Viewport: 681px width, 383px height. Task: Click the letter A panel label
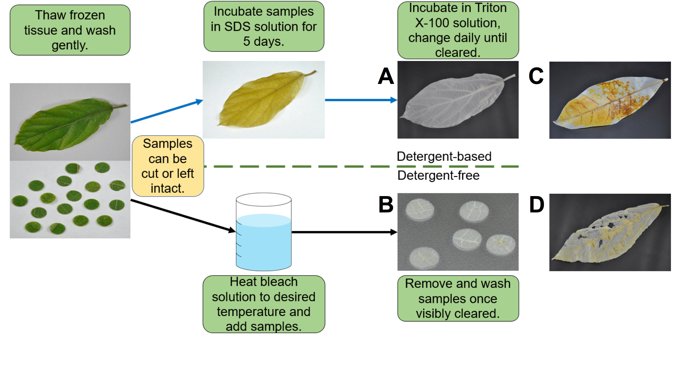[x=386, y=76]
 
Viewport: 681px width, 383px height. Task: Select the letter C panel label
[x=536, y=76]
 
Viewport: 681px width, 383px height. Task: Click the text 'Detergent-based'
[x=444, y=156]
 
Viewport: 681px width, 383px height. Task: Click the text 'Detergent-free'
[x=438, y=175]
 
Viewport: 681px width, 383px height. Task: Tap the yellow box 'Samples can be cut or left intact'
[x=168, y=166]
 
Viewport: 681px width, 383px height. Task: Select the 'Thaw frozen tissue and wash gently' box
[x=70, y=30]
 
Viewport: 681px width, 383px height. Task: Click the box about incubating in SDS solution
[x=264, y=26]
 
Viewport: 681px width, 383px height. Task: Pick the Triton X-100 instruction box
[x=458, y=30]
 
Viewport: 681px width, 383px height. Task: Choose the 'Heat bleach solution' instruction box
[x=264, y=304]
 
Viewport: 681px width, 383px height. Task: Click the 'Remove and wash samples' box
[x=458, y=298]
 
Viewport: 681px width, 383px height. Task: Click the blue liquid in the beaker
[x=264, y=242]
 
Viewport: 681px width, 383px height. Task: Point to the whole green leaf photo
[x=70, y=122]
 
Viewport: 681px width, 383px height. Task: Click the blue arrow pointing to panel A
[x=361, y=100]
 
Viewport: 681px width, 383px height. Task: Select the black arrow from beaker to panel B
[x=344, y=232]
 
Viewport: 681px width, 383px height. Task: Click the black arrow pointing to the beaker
[x=183, y=216]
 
